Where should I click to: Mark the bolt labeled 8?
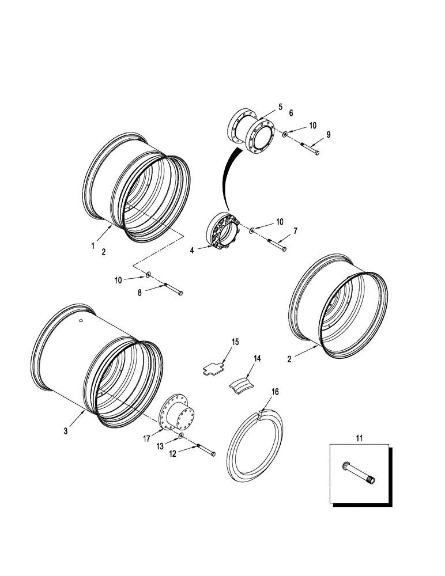(x=172, y=289)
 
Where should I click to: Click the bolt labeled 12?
(x=205, y=451)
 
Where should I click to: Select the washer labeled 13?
(x=182, y=437)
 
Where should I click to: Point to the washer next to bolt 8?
(x=148, y=275)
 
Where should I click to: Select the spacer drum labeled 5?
(x=252, y=132)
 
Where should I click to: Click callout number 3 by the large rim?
(x=66, y=431)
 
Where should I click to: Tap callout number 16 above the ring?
(x=275, y=392)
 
